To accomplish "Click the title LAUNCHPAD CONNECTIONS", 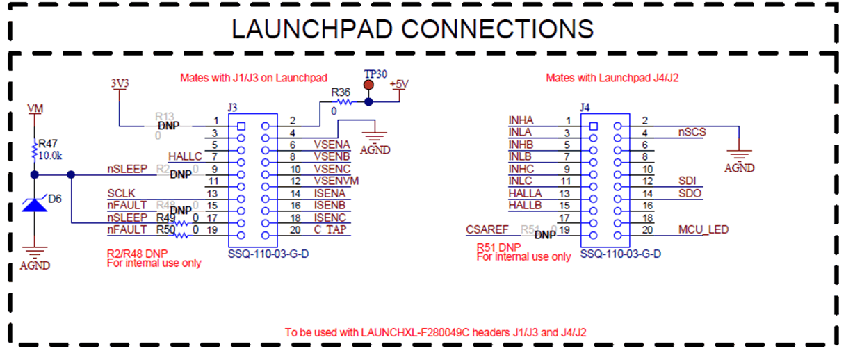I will [x=412, y=28].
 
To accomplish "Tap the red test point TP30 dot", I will [x=368, y=85].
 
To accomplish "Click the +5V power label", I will [x=400, y=84].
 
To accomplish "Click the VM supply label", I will [x=34, y=109].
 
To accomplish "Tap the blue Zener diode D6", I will [x=34, y=203].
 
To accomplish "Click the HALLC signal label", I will [x=185, y=156].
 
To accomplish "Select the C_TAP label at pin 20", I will [x=330, y=229].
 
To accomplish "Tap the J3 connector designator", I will [x=233, y=108].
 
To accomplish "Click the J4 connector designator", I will [x=585, y=108].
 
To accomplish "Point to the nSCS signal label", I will [x=692, y=132].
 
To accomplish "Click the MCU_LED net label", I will [x=703, y=229].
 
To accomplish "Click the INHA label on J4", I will [x=521, y=121].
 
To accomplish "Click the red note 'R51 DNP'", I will [x=498, y=247].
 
